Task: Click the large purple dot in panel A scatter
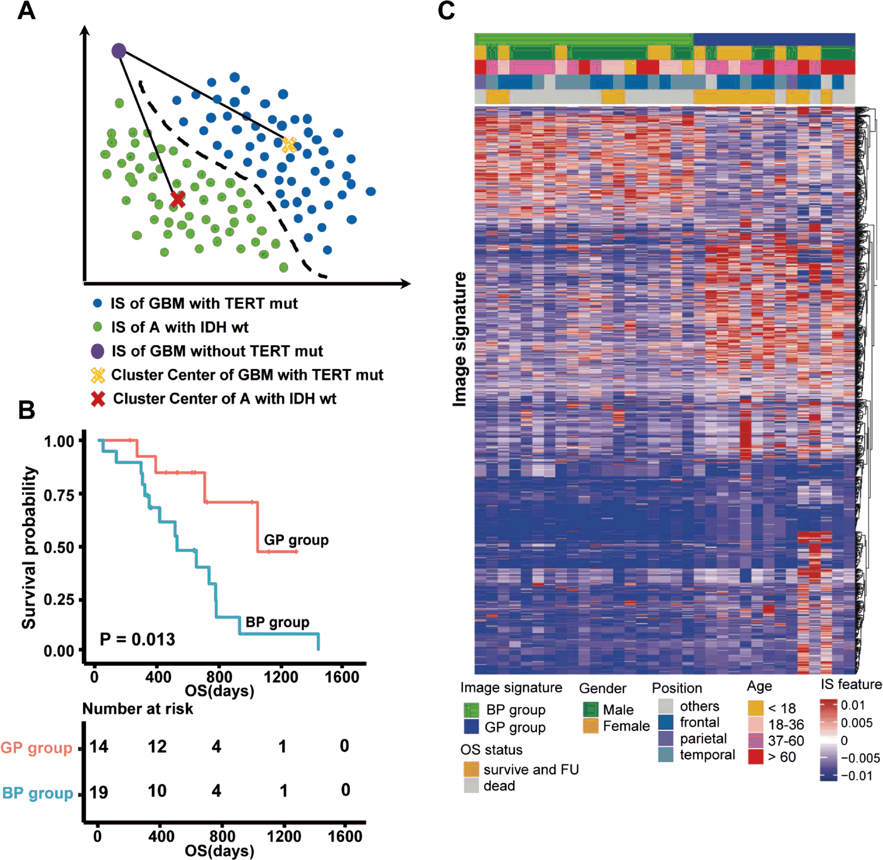(x=119, y=51)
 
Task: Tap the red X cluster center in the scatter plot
(x=177, y=199)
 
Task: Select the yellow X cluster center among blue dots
(x=289, y=145)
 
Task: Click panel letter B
(x=27, y=410)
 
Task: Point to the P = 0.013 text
(x=138, y=639)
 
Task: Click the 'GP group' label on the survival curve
(x=296, y=540)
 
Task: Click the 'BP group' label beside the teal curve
(x=277, y=622)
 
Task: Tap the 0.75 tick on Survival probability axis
(x=59, y=495)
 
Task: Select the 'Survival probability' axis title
(x=29, y=547)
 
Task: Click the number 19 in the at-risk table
(x=99, y=792)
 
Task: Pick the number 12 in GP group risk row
(x=157, y=746)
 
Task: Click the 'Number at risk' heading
(x=138, y=708)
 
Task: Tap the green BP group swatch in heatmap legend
(x=471, y=710)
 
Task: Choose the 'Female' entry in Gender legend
(x=626, y=726)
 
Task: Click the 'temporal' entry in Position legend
(x=707, y=754)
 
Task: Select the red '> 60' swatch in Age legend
(x=755, y=756)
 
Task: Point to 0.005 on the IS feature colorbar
(x=856, y=722)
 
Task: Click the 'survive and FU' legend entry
(x=531, y=769)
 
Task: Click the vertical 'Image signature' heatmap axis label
(x=459, y=339)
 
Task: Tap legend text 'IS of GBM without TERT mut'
(x=217, y=351)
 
